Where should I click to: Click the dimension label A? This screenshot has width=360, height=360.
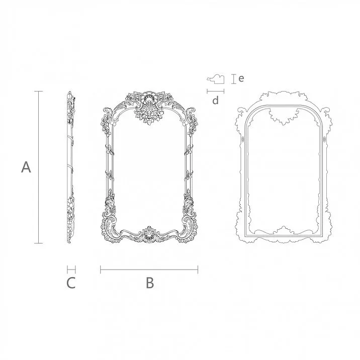(26, 167)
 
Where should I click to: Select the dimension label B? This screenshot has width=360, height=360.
(149, 283)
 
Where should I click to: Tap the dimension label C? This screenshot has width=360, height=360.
(71, 283)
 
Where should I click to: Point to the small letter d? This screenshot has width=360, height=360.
(215, 101)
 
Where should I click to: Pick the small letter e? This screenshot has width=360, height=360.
(241, 78)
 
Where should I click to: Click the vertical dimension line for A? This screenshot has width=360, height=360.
(38, 167)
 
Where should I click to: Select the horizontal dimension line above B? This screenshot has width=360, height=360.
(149, 270)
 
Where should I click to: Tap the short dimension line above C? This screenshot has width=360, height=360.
(71, 270)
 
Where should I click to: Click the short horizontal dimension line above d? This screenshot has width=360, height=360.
(215, 91)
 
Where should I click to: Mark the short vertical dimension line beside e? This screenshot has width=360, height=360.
(233, 78)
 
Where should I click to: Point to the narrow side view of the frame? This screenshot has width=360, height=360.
(70, 167)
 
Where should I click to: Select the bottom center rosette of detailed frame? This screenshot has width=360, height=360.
(149, 234)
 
